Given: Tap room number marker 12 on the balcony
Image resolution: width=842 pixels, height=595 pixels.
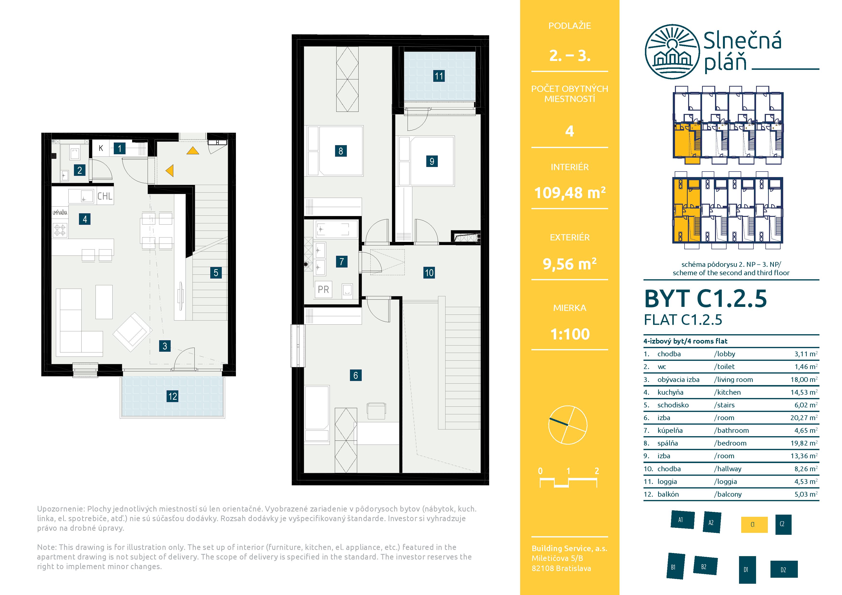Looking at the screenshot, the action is pos(172,396).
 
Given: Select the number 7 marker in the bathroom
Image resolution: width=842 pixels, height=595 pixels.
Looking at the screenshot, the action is pos(341,261).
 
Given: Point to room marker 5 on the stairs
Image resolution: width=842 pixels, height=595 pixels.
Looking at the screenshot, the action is pos(216,273).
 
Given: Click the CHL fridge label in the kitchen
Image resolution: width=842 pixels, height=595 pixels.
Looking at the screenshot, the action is pos(104,196).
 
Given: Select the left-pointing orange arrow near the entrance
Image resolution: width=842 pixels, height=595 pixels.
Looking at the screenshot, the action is pos(169,171).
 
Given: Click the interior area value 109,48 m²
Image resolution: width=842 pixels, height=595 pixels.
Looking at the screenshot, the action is pos(570,192).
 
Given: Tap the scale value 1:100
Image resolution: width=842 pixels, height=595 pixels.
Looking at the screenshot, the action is pos(570,334).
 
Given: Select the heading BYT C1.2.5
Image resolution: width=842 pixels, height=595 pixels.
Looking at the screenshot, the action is pos(706,298).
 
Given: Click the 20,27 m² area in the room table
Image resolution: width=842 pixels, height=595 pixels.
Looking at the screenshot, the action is pos(804,417).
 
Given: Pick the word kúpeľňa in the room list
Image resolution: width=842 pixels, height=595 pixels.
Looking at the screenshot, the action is pos(670,431).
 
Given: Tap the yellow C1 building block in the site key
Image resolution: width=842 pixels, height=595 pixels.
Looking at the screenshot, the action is pos(754,525).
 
